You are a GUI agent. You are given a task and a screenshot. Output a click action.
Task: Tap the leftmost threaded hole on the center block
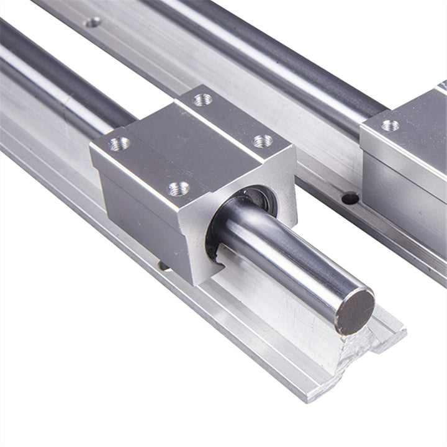(119, 144)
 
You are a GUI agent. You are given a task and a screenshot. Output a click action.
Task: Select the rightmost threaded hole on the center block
(263, 141)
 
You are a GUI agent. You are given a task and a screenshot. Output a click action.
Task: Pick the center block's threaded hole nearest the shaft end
(179, 187)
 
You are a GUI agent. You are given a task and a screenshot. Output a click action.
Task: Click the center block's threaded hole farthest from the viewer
(202, 99)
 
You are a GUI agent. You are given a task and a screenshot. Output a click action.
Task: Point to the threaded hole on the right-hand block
(390, 125)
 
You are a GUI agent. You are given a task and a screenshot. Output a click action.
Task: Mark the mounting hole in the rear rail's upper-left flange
(92, 22)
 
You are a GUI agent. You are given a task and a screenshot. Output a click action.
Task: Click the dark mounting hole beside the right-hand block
(350, 198)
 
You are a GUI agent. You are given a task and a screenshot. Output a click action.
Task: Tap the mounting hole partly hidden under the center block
(164, 266)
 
